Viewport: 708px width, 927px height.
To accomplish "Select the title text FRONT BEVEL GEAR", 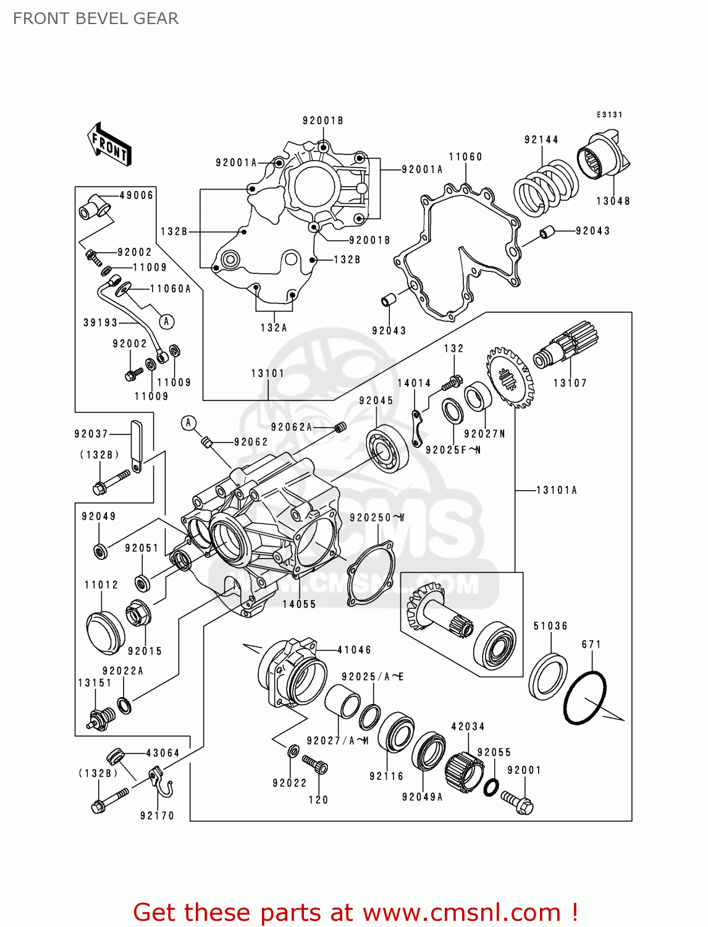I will pos(96,19).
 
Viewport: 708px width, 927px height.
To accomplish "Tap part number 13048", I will pos(613,201).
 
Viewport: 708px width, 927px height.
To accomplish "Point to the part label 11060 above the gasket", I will pos(465,157).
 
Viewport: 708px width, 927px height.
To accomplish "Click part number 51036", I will pos(550,626).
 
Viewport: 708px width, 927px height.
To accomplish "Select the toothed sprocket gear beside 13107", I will pos(510,377).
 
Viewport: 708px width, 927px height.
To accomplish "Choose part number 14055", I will pos(299,604).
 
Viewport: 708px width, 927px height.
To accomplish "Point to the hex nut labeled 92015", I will pos(138,614).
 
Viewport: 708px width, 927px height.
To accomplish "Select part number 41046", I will pos(354,650).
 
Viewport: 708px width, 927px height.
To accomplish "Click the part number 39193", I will pos(100,323).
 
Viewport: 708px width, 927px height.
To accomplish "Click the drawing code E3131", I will pos(609,114).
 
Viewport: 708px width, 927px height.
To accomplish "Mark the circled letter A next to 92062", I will pos(189,423).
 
